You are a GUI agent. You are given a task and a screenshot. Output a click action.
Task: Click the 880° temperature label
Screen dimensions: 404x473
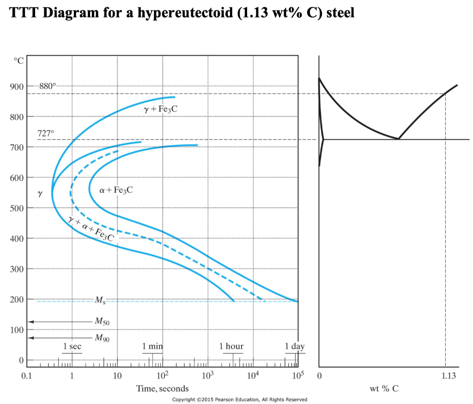(x=48, y=86)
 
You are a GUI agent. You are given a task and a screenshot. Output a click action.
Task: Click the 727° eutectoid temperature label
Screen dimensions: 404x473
(x=46, y=133)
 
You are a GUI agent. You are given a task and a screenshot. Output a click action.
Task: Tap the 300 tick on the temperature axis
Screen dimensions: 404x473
(x=17, y=269)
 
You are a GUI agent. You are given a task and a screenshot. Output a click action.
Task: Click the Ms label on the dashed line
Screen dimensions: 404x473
(x=100, y=302)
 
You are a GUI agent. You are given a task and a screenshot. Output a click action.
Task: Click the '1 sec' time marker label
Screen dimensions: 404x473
(x=72, y=346)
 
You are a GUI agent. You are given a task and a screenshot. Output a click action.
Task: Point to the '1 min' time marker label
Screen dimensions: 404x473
(x=152, y=346)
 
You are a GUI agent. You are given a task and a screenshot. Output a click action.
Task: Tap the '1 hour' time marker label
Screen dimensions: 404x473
(x=231, y=346)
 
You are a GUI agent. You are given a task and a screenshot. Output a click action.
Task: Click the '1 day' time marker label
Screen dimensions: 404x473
(x=295, y=346)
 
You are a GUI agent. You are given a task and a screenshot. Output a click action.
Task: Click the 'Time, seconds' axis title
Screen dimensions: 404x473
(x=162, y=389)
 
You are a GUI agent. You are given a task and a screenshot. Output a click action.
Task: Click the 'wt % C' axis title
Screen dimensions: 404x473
(x=384, y=389)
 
